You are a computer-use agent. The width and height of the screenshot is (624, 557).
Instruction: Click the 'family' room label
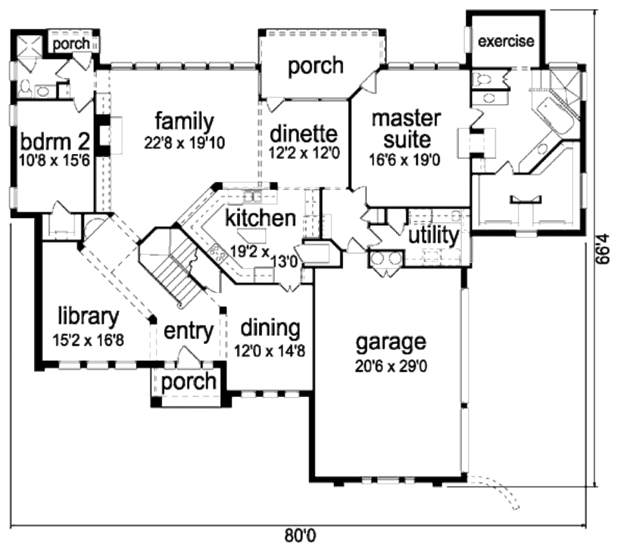[184, 122]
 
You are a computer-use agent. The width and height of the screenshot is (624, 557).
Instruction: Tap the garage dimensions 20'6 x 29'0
[391, 366]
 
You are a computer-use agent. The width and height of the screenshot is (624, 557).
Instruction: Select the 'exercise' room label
[506, 41]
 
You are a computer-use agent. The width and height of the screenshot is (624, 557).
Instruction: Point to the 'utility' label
[434, 235]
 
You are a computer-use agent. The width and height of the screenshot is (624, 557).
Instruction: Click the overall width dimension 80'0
[300, 536]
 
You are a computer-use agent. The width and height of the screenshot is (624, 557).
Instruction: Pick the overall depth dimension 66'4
[603, 249]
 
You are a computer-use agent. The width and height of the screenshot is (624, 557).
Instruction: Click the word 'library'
[88, 316]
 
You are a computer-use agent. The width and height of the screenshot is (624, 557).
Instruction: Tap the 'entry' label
[189, 331]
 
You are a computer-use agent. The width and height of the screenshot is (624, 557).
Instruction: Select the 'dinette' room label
[303, 133]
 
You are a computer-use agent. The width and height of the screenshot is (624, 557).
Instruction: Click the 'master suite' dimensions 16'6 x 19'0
[405, 160]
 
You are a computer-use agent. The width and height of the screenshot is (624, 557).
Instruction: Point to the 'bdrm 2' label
[55, 141]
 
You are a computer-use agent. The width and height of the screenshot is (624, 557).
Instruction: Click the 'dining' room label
[270, 328]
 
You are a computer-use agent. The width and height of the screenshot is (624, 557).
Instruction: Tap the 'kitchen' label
[261, 219]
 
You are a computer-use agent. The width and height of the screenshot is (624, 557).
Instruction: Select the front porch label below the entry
[189, 382]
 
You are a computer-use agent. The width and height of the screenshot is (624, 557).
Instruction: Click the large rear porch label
[316, 66]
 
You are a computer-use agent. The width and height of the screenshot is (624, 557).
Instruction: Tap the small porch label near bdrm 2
[71, 44]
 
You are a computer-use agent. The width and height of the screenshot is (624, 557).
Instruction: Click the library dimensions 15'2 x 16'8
[88, 340]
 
